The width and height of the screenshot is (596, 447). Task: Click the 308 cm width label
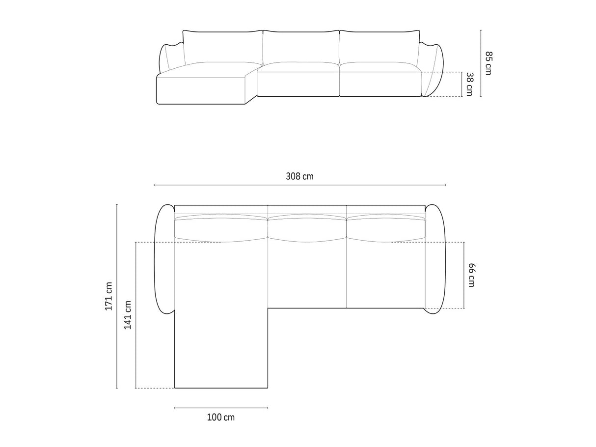299,176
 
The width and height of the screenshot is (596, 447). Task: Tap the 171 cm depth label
109,296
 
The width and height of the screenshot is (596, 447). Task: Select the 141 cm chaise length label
128,315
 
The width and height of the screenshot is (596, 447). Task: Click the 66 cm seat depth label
471,275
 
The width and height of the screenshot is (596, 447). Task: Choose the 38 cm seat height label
470,84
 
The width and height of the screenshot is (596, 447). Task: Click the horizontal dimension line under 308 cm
300,185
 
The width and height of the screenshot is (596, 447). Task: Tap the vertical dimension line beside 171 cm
117,296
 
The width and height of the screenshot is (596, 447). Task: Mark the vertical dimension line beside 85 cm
481,63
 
